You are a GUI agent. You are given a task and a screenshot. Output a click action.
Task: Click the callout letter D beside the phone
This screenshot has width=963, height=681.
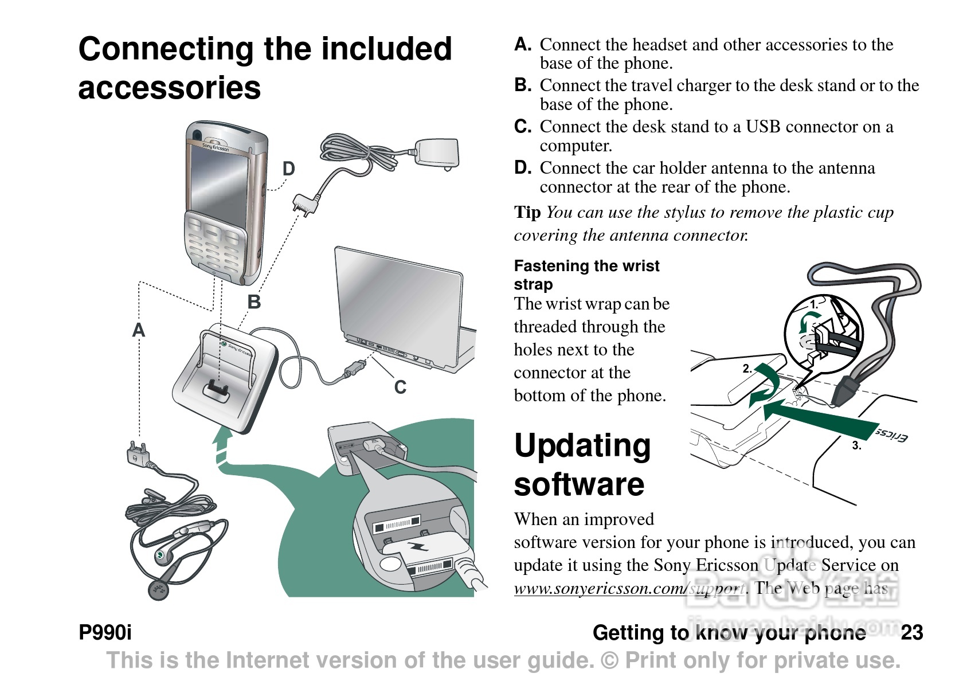tap(288, 169)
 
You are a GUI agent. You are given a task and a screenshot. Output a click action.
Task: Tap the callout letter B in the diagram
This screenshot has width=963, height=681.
tap(254, 302)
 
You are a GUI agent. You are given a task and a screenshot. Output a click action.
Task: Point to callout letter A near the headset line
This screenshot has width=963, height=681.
tap(139, 330)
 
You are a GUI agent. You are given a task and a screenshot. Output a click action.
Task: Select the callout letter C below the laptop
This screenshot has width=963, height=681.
tap(400, 388)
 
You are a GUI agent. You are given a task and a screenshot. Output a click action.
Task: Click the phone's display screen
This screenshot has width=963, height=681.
tap(219, 181)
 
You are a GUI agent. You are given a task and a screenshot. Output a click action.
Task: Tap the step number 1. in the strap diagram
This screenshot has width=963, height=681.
tap(814, 305)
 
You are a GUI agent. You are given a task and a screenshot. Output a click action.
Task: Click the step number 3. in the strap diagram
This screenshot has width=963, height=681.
tap(856, 445)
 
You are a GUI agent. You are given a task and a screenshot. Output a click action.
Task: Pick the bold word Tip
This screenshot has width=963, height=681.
tap(527, 213)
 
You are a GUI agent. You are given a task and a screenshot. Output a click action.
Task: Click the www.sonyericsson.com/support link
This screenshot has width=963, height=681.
tap(629, 589)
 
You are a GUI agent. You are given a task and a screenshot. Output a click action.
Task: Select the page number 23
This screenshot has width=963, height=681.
tap(911, 633)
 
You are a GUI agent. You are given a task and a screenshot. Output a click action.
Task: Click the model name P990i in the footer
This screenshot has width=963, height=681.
tap(105, 633)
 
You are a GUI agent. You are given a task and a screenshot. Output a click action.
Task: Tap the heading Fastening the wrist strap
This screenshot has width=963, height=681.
tap(586, 275)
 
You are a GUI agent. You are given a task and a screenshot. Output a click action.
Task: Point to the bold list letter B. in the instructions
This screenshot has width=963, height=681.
tap(523, 85)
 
